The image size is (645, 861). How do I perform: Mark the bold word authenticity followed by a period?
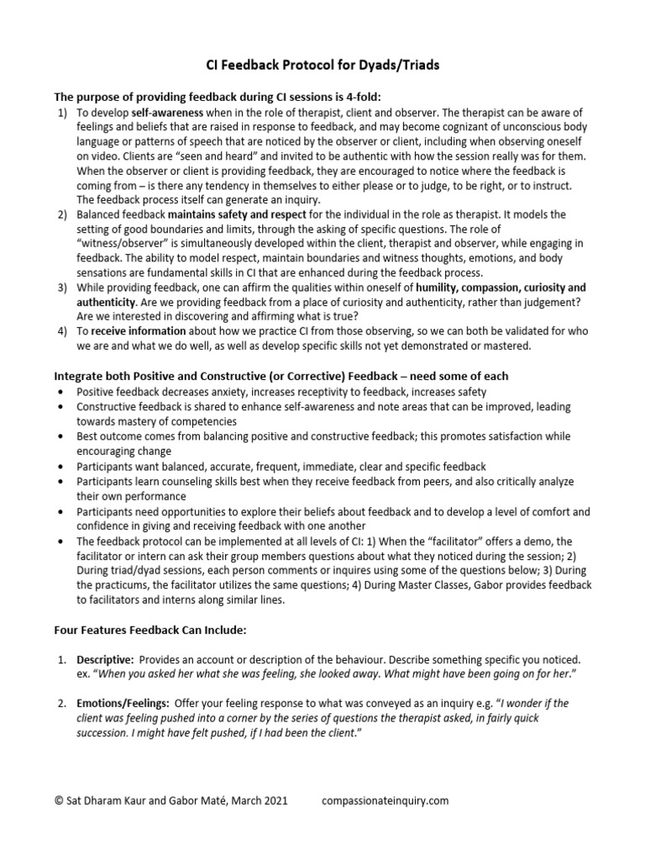105,300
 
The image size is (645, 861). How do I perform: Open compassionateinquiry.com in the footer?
385,801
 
